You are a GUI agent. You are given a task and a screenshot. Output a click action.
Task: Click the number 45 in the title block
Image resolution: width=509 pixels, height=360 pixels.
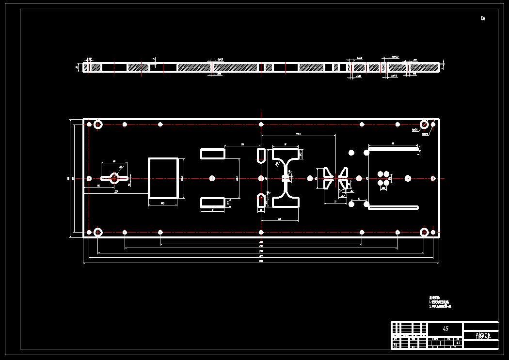[x=445, y=329]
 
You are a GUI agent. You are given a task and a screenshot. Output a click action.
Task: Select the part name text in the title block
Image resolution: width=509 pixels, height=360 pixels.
[x=480, y=335]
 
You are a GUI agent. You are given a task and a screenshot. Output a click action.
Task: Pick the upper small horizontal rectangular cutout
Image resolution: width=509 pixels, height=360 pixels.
[x=213, y=154]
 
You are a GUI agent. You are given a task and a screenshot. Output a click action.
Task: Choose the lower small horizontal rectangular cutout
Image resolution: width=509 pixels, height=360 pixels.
[x=213, y=202]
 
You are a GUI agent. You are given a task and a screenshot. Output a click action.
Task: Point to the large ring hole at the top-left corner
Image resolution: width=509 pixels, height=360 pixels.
[x=98, y=125]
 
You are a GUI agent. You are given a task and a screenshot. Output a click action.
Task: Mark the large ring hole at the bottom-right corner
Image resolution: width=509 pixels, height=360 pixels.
[x=424, y=232]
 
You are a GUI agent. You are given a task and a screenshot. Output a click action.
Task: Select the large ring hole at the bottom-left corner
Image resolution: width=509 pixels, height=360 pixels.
[x=98, y=232]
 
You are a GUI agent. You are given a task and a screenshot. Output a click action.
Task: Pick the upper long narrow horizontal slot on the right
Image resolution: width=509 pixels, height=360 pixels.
[x=393, y=149]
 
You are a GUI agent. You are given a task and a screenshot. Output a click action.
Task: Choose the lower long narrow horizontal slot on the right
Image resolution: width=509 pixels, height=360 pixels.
[x=393, y=207]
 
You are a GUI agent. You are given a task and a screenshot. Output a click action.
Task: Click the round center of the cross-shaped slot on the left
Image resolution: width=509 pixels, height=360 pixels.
[x=114, y=178]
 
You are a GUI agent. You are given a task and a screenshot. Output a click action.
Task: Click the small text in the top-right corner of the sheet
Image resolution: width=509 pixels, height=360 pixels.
[x=482, y=19]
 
